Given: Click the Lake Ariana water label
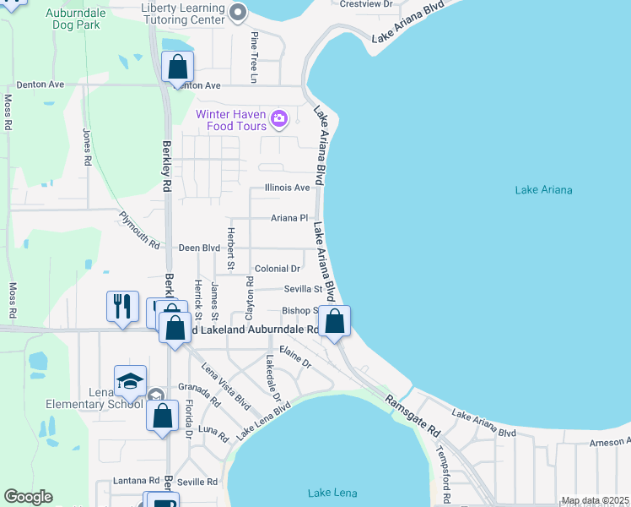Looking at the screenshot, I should (x=543, y=190).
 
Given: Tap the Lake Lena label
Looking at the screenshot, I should (x=332, y=493).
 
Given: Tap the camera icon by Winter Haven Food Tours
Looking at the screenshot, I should (x=280, y=120).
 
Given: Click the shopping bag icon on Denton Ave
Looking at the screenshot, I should (x=178, y=67).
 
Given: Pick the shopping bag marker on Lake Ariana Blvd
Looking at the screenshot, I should (x=335, y=321).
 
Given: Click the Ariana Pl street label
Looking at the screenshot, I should (x=289, y=218).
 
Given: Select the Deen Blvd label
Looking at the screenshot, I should (x=199, y=248).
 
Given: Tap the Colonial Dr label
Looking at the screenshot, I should (x=278, y=269).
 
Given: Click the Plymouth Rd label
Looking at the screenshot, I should (x=139, y=230).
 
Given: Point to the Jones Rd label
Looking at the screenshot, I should (x=87, y=146).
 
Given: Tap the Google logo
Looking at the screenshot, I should (x=28, y=497).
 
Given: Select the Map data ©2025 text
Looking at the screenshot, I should (x=595, y=501).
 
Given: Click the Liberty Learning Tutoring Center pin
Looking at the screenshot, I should (x=238, y=13).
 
